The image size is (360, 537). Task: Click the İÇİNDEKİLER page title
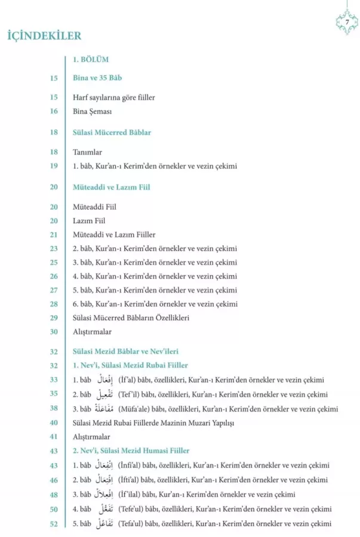pyautogui.click(x=44, y=36)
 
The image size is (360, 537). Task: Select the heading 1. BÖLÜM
pyautogui.click(x=90, y=60)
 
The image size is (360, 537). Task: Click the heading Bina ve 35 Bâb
pyautogui.click(x=98, y=78)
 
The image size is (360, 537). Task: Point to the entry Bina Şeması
pyautogui.click(x=93, y=111)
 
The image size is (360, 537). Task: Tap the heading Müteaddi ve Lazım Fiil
pyautogui.click(x=111, y=187)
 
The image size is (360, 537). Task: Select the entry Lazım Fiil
pyautogui.click(x=89, y=221)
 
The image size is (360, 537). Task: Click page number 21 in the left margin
pyautogui.click(x=54, y=235)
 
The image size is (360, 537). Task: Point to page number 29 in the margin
pyautogui.click(x=54, y=317)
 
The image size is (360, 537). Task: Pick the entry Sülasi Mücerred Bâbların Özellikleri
pyautogui.click(x=131, y=317)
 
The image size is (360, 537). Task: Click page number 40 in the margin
pyautogui.click(x=54, y=422)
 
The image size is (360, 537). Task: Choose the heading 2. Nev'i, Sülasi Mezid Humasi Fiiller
pyautogui.click(x=130, y=450)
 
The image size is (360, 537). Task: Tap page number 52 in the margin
pyautogui.click(x=54, y=523)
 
